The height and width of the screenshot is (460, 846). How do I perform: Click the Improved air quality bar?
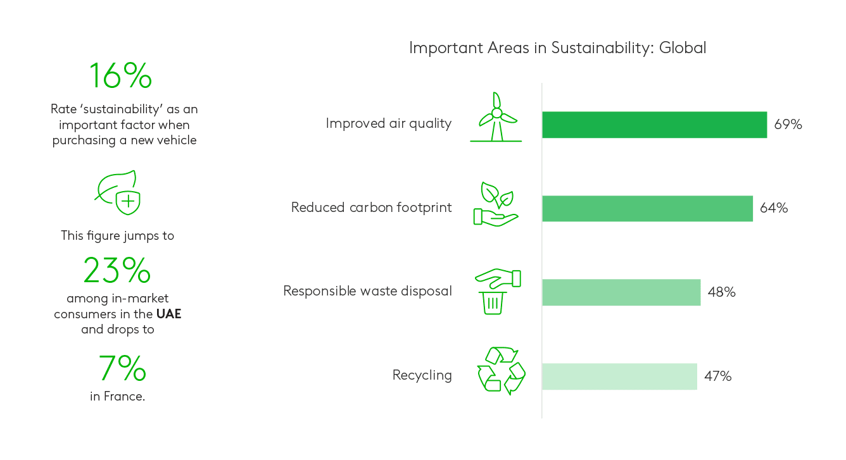(655, 125)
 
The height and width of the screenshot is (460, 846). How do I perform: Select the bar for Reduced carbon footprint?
(647, 208)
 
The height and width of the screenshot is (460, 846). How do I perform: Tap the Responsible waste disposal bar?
(621, 292)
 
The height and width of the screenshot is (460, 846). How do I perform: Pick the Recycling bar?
(619, 376)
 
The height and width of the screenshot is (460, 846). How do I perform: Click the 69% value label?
(788, 124)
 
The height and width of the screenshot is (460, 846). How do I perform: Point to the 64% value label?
(773, 208)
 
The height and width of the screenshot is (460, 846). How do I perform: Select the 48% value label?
(721, 292)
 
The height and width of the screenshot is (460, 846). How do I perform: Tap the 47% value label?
(717, 376)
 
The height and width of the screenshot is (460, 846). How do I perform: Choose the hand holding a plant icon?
(496, 204)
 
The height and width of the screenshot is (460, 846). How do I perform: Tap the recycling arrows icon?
(501, 371)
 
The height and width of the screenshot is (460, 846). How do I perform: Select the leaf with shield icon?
(118, 192)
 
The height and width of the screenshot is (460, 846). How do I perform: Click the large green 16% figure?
(120, 76)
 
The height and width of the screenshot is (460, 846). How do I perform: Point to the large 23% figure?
(117, 270)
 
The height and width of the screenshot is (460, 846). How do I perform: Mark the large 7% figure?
(122, 368)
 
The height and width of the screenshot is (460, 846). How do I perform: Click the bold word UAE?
(169, 314)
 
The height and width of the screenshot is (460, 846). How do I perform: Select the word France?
(124, 396)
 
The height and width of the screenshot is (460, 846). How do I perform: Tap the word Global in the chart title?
(683, 48)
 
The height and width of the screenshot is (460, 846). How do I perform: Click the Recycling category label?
(422, 375)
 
